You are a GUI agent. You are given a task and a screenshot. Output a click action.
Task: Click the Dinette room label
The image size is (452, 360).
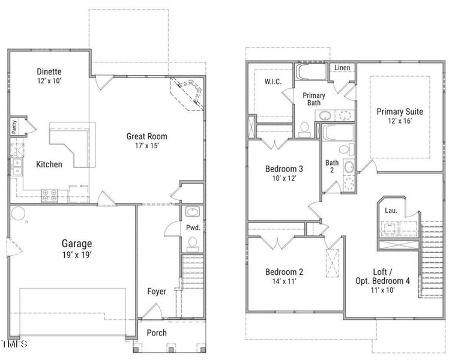(x=49, y=72)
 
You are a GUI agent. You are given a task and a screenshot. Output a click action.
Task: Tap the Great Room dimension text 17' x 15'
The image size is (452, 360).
(x=146, y=146)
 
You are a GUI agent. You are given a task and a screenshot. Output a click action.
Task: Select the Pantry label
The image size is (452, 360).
(x=13, y=127)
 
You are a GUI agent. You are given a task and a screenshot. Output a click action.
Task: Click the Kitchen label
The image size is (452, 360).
(x=49, y=164)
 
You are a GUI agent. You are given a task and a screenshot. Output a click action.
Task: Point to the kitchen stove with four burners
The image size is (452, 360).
(x=49, y=194)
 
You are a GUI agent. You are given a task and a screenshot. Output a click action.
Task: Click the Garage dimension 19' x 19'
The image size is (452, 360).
(x=77, y=254)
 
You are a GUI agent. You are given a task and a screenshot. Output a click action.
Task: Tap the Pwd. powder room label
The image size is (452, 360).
(x=193, y=228)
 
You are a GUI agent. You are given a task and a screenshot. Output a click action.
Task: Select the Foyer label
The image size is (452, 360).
(x=157, y=292)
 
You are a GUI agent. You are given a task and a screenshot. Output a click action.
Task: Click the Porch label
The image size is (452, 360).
(x=157, y=333)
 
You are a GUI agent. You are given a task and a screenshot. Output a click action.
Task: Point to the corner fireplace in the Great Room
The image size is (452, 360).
(x=190, y=93)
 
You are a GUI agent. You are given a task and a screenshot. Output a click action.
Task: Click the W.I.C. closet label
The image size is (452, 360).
(x=274, y=82)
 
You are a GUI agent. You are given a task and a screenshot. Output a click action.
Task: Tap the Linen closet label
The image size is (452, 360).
(x=342, y=68)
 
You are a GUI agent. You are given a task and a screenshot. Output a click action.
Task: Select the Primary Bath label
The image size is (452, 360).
(x=314, y=99)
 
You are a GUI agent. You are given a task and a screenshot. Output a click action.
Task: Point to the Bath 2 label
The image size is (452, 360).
(x=332, y=166)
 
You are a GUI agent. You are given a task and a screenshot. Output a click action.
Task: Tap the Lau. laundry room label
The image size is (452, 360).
(x=391, y=211)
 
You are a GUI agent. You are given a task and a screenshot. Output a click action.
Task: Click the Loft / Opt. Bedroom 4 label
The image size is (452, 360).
(x=382, y=275)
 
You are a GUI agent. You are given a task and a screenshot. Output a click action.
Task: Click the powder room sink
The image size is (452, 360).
(x=192, y=212)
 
